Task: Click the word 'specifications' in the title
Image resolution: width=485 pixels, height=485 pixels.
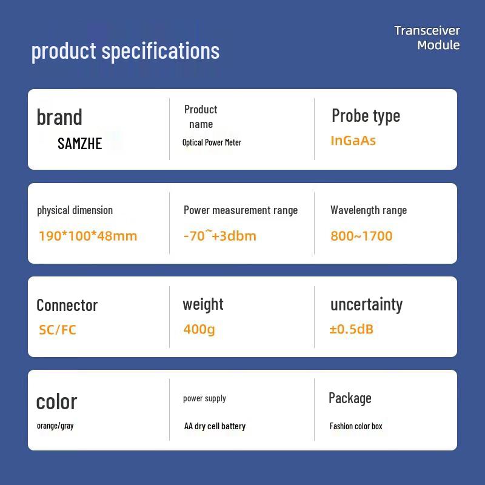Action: coord(161,52)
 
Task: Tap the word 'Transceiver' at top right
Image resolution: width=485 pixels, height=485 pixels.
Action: coord(427,31)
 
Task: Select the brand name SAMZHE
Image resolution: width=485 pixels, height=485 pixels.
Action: coord(80,144)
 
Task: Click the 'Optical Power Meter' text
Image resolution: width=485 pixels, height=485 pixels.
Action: coord(212,142)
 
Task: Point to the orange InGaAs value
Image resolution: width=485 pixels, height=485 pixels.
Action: coord(353,141)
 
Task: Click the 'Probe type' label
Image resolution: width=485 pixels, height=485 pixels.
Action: coord(366,116)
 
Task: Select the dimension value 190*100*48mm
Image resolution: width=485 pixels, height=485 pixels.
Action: coord(88,236)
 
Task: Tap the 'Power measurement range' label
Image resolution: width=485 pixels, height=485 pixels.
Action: coord(241,210)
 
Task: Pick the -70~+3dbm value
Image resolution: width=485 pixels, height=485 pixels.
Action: coord(220,235)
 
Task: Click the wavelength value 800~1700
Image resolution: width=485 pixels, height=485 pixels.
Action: coord(361,236)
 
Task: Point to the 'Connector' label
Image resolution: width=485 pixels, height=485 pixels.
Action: coord(67,306)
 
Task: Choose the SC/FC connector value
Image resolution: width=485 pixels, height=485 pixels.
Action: coord(58,330)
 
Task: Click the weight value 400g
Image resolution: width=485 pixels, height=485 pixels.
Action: coord(199,329)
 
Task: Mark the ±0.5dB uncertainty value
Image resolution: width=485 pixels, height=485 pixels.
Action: coord(352,329)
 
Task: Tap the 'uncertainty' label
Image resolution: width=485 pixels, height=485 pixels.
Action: coord(367,305)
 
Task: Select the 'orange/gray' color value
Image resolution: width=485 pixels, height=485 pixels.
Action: coord(55,426)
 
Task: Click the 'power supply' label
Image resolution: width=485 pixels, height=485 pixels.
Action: coord(204,398)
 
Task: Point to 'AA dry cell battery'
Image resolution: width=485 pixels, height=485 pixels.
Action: coord(215,426)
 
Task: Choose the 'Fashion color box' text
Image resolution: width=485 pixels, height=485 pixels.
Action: coord(356,426)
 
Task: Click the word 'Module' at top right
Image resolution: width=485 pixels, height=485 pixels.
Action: coord(438,45)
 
